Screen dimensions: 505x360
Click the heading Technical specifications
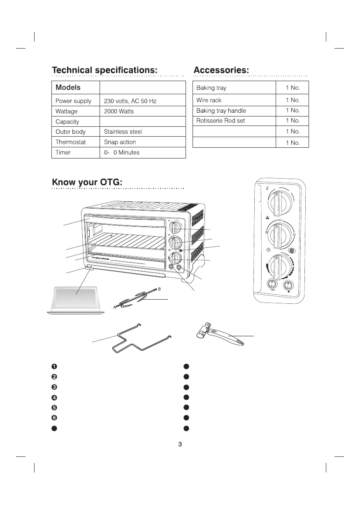pyautogui.click(x=105, y=70)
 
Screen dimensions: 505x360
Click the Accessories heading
pyautogui.click(x=221, y=70)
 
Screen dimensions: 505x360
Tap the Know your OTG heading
pyautogui.click(x=87, y=182)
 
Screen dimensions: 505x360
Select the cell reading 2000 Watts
pyautogui.click(x=119, y=112)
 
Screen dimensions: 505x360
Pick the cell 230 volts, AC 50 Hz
pyautogui.click(x=130, y=101)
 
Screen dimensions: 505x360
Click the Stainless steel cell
pyautogui.click(x=123, y=132)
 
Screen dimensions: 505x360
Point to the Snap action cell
pyautogui.click(x=120, y=142)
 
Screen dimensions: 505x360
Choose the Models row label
pyautogui.click(x=68, y=88)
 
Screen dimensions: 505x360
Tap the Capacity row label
pyautogui.click(x=67, y=122)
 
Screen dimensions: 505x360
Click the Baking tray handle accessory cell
pyautogui.click(x=221, y=111)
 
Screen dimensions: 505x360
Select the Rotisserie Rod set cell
pyautogui.click(x=221, y=121)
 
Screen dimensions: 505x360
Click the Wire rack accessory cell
pyautogui.click(x=209, y=100)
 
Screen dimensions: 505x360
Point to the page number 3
pyautogui.click(x=180, y=444)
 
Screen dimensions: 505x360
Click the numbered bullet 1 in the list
pyautogui.click(x=54, y=367)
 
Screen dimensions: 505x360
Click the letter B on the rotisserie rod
pyautogui.click(x=159, y=289)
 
